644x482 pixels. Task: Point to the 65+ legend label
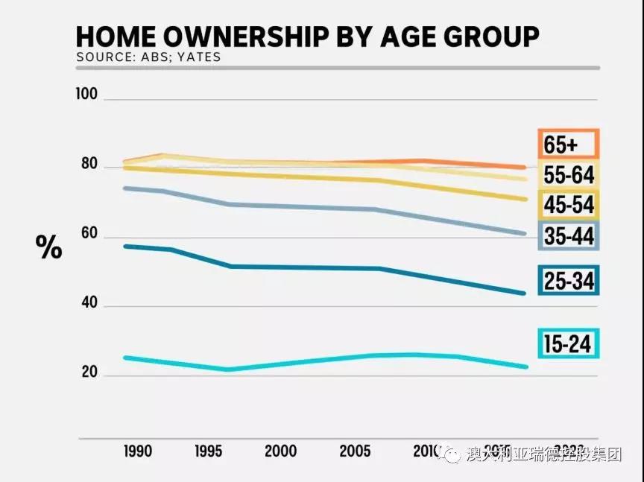point(568,144)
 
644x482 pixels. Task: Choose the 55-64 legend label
point(568,175)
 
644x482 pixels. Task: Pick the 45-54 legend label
point(568,206)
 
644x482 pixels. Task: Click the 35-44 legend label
point(568,237)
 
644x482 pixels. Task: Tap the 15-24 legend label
point(568,344)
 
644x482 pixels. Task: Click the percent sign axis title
point(49,248)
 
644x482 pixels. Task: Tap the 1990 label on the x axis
point(139,451)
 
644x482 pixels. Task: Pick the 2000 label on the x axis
point(280,451)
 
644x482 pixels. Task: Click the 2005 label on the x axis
point(356,451)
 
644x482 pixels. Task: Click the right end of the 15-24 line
point(525,367)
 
